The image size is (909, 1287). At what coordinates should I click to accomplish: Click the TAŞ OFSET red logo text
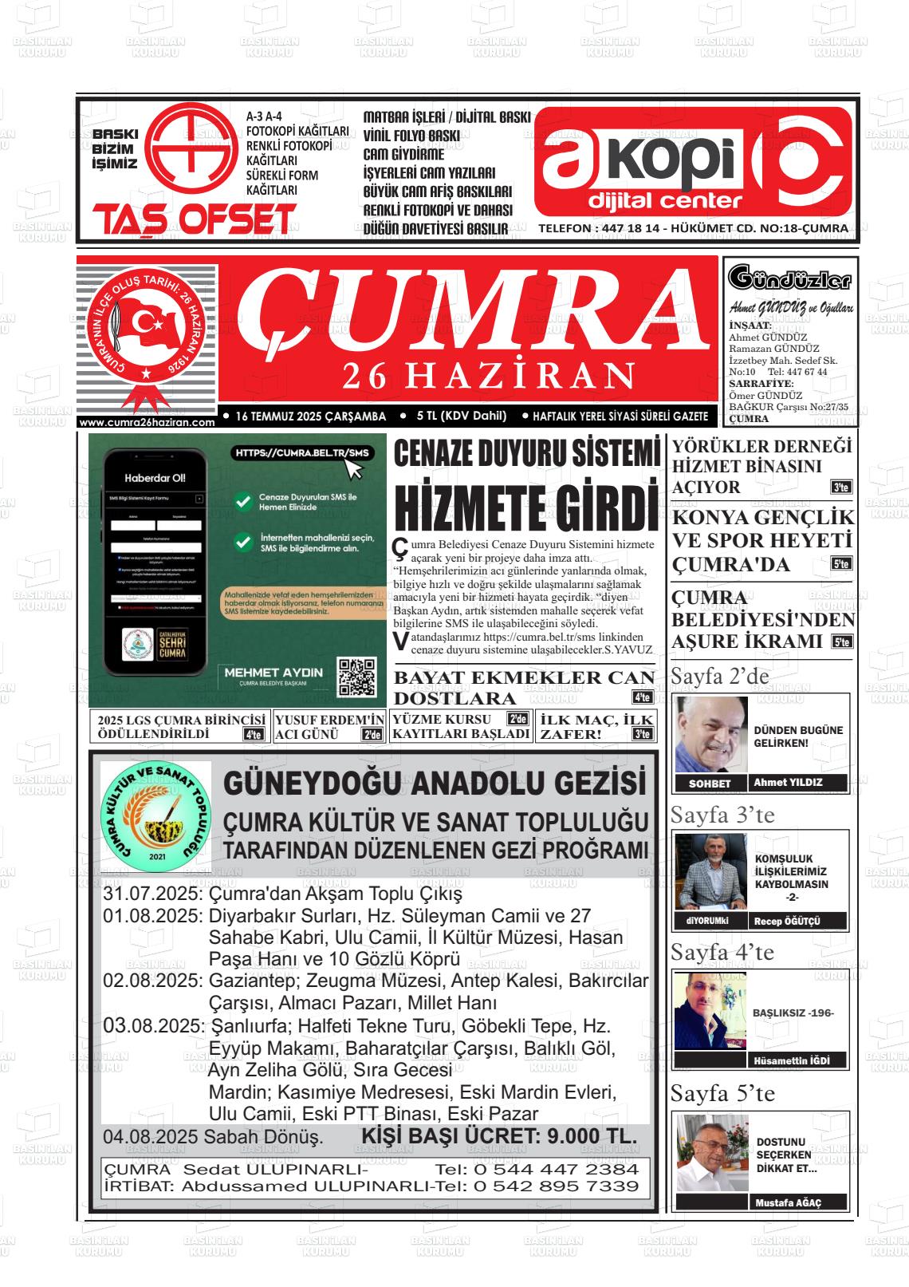point(194,219)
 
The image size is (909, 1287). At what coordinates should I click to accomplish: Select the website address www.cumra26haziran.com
point(148,422)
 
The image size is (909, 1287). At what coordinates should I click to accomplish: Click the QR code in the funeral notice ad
point(356,677)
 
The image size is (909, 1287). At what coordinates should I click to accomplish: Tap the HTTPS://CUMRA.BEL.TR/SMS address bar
point(303,453)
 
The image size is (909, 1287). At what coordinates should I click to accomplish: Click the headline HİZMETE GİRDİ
point(526,504)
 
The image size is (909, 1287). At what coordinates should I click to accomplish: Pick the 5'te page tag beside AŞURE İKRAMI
point(840,642)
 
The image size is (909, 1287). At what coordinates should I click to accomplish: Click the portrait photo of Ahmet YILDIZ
point(712,733)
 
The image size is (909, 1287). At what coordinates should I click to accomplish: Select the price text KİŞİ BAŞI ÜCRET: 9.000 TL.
point(499,1136)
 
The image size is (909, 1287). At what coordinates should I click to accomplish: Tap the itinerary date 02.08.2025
point(152,980)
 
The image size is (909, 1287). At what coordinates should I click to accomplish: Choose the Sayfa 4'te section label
point(722,952)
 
